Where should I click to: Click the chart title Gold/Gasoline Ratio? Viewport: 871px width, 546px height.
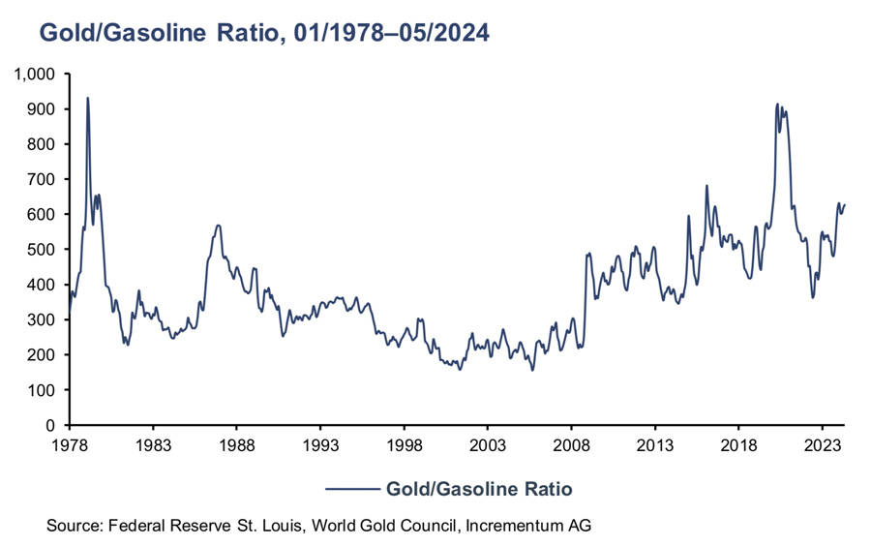[x=263, y=33]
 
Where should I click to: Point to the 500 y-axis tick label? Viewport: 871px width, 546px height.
[x=45, y=250]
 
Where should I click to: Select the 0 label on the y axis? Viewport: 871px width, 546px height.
[x=55, y=425]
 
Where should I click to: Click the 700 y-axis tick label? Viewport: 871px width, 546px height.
[x=45, y=179]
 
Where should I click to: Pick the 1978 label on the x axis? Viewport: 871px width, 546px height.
[x=70, y=446]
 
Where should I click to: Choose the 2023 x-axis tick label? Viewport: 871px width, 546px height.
[x=822, y=446]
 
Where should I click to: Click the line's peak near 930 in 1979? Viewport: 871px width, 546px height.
[x=88, y=98]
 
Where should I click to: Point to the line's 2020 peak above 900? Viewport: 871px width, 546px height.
[x=777, y=104]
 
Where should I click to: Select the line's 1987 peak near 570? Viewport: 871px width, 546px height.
[x=219, y=226]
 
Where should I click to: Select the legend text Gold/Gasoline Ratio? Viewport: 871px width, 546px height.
[x=479, y=489]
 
